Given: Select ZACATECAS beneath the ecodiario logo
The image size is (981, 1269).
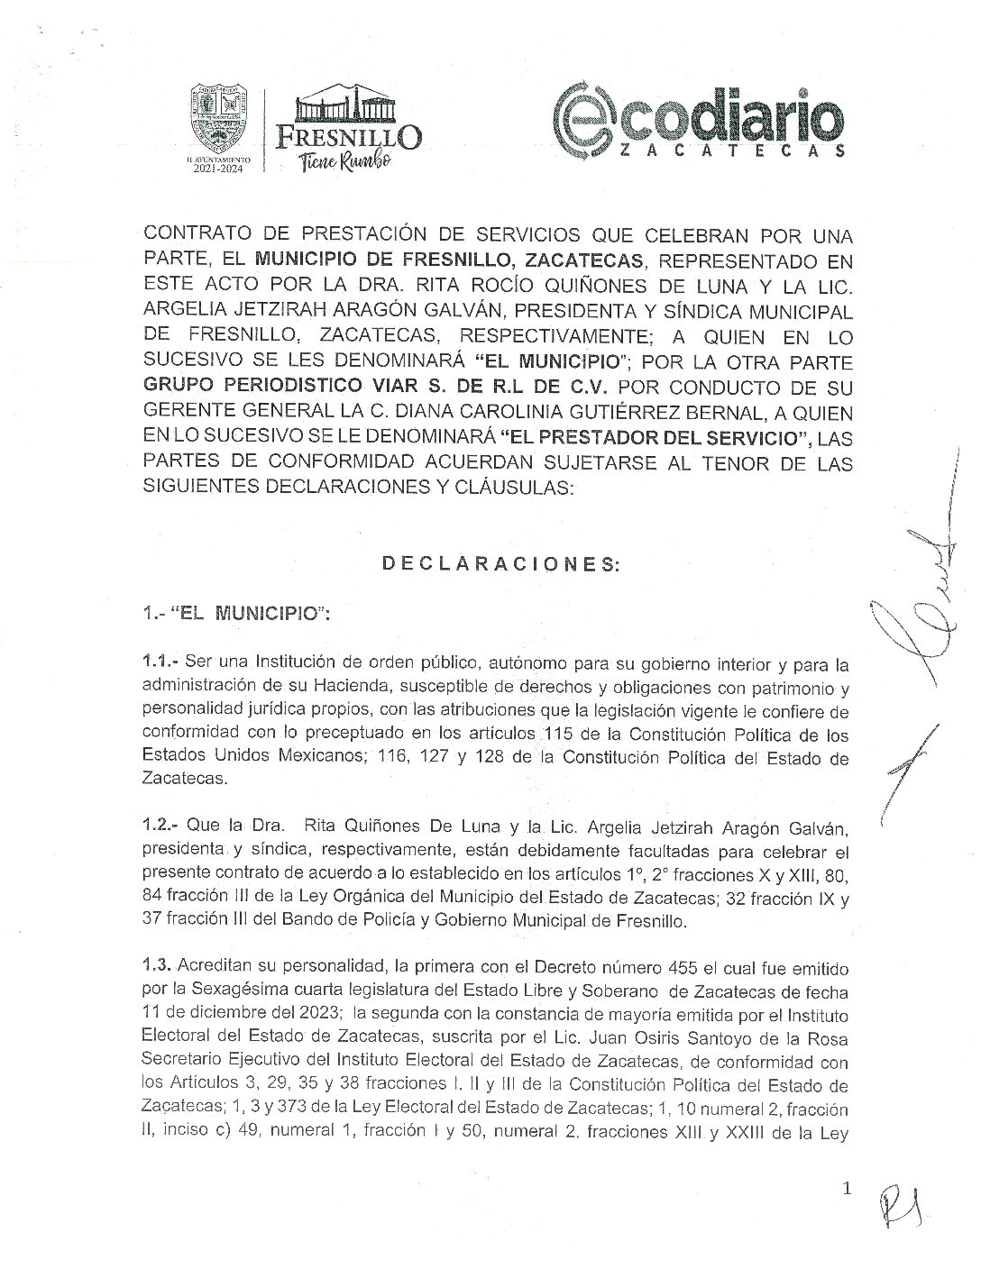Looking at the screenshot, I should point(731,151).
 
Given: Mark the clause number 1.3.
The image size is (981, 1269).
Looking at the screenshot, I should point(158,964).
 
